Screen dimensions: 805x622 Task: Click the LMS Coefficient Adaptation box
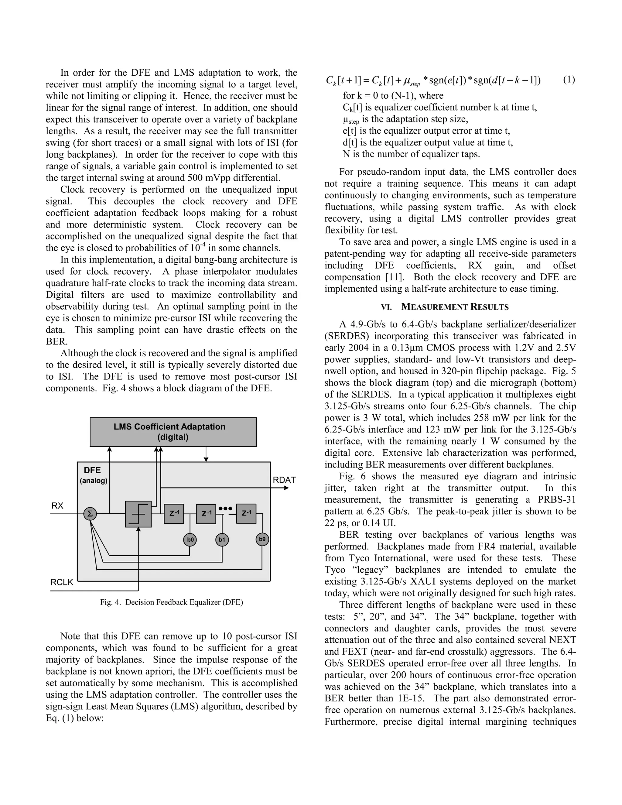click(x=173, y=432)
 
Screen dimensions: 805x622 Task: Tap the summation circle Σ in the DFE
click(x=90, y=513)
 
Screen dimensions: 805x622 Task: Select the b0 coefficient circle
click(x=190, y=540)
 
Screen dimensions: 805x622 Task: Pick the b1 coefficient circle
click(x=222, y=540)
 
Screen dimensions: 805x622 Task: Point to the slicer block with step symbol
click(x=138, y=514)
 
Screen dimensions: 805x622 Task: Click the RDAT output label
click(x=284, y=480)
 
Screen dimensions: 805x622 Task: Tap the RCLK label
click(x=62, y=582)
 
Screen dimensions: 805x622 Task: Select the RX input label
click(x=57, y=506)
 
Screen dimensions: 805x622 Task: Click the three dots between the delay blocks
click(x=225, y=509)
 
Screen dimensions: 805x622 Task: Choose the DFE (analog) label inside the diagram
click(x=93, y=475)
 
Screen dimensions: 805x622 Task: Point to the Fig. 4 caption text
click(x=171, y=602)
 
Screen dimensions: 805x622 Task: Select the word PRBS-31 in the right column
click(x=556, y=500)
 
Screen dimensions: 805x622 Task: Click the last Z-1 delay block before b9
click(x=246, y=513)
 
